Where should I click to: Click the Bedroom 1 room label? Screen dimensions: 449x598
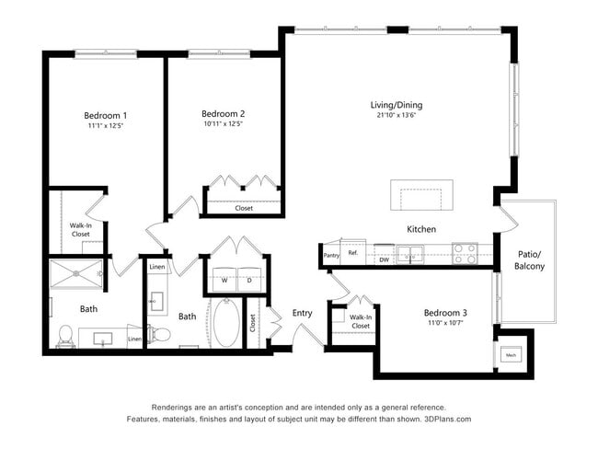click(106, 115)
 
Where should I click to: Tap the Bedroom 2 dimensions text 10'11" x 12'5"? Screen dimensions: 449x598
click(223, 124)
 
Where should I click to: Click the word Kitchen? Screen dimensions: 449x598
click(421, 229)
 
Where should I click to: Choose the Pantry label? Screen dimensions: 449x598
click(331, 255)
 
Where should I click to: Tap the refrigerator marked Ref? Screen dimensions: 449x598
click(351, 253)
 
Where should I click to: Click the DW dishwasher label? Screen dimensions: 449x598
click(384, 260)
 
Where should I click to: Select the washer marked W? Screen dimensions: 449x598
click(224, 280)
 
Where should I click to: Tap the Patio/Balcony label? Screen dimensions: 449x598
click(529, 259)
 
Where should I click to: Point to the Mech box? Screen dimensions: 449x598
click(510, 356)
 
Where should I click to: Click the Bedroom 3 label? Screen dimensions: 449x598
click(445, 312)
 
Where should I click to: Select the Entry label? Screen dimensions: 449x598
click(303, 313)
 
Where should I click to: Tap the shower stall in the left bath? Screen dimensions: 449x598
click(77, 274)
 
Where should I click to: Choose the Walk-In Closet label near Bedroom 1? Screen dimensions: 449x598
click(81, 229)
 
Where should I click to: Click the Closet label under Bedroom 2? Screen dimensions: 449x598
click(244, 208)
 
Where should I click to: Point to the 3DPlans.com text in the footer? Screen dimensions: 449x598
click(447, 420)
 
